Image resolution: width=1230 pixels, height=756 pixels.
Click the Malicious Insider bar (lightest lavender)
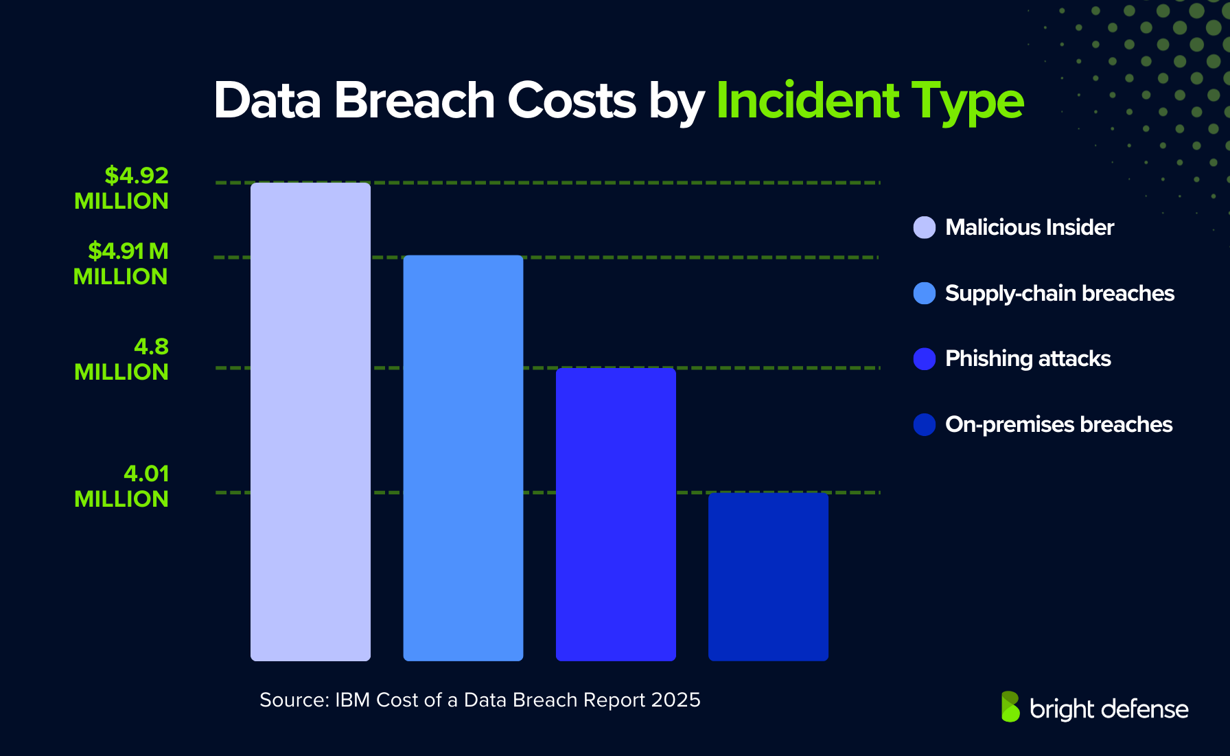point(310,422)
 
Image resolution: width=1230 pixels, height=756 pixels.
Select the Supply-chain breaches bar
point(463,458)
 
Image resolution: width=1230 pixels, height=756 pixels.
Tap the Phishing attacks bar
point(616,514)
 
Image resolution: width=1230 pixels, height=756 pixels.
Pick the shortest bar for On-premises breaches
point(768,577)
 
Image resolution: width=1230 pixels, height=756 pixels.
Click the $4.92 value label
point(136,176)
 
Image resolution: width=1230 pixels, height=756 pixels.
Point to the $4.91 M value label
point(128,251)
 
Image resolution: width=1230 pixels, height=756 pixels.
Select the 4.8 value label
point(151,347)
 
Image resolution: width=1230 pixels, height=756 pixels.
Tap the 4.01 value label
point(146,474)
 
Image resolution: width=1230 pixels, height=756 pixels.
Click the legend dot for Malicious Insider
point(925,227)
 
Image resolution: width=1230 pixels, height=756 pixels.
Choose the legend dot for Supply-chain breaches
point(925,293)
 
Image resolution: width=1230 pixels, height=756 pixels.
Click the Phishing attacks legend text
point(1028,358)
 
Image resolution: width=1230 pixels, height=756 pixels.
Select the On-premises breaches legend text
point(1058,424)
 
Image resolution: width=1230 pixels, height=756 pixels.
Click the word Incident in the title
point(807,101)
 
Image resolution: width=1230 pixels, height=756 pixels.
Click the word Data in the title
point(267,101)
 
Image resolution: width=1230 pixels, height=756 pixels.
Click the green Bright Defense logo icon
point(1010,707)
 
